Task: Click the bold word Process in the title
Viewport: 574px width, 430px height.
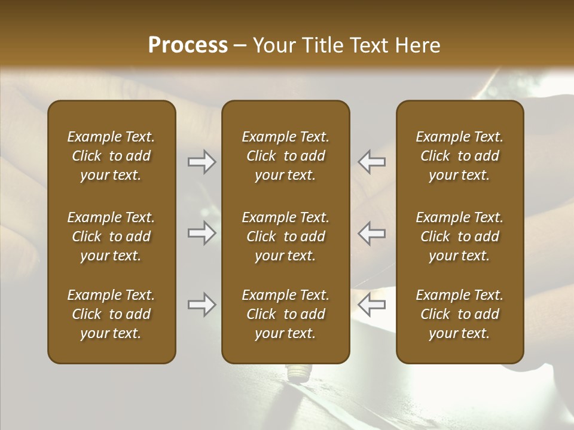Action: point(188,45)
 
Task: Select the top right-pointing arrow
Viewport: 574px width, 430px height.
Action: point(202,162)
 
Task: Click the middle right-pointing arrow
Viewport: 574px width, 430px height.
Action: point(202,233)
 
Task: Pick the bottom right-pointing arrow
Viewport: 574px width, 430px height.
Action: point(202,305)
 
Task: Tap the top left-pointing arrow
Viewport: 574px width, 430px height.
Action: point(371,162)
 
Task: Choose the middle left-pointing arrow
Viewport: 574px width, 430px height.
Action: point(371,233)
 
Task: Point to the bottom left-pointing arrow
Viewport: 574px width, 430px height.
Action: point(371,305)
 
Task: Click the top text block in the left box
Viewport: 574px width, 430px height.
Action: point(111,156)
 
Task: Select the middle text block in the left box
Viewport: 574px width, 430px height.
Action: point(111,236)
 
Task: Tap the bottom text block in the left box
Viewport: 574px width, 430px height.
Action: point(111,314)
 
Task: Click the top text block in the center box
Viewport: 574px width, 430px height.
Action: point(285,156)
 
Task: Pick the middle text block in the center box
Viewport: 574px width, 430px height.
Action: point(285,236)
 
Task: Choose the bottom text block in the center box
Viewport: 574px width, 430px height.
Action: point(285,314)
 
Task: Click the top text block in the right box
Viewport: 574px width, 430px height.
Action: point(459,156)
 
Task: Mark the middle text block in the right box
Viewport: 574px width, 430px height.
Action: point(459,236)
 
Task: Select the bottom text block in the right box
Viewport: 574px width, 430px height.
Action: point(459,314)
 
